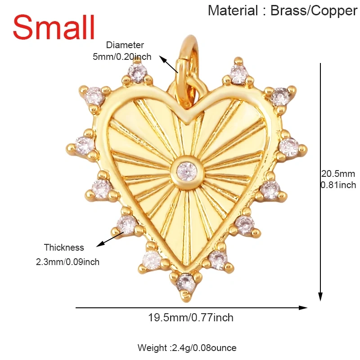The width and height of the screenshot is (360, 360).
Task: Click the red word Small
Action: (x=54, y=27)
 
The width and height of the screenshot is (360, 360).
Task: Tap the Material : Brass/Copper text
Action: (x=283, y=11)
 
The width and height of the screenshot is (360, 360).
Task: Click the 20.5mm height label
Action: (x=338, y=174)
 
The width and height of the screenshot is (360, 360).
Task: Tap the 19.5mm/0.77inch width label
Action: (x=190, y=318)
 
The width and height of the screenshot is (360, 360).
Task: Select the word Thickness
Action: (x=64, y=247)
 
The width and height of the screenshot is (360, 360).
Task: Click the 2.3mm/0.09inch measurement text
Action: (x=67, y=262)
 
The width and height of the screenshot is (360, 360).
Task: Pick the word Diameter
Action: (x=125, y=45)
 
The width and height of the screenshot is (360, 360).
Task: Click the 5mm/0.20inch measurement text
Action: (x=122, y=57)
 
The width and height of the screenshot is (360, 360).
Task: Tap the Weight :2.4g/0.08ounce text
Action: (x=187, y=348)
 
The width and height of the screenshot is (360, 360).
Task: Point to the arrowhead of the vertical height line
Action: (x=320, y=297)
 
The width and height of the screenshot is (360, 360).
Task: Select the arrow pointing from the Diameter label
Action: (x=168, y=64)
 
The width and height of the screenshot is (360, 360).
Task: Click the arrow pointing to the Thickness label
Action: (x=110, y=239)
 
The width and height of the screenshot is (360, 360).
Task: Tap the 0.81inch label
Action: (x=338, y=185)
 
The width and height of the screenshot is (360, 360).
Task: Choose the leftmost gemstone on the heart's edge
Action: (x=84, y=145)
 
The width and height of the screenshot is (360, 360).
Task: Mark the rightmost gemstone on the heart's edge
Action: (x=288, y=147)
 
